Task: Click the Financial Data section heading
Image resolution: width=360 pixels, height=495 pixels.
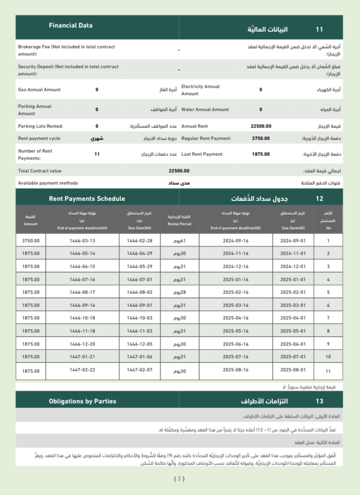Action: (x=71, y=26)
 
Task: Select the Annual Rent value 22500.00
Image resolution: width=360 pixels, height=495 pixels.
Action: (x=261, y=126)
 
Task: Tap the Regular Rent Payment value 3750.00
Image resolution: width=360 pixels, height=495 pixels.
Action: (x=261, y=139)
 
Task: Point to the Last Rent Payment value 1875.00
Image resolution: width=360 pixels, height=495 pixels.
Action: (x=261, y=154)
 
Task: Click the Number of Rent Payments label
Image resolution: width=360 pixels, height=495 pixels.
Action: (x=35, y=154)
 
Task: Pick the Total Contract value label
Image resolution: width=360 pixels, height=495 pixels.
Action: (x=40, y=171)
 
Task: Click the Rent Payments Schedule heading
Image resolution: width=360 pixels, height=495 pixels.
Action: (x=87, y=199)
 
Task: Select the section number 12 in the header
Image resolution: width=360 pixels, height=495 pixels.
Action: (x=319, y=199)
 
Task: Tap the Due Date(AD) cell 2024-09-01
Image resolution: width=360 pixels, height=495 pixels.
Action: (x=293, y=241)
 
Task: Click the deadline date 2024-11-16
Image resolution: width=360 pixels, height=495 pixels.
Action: (x=235, y=254)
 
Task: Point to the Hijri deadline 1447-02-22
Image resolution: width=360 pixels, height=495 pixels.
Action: (x=82, y=370)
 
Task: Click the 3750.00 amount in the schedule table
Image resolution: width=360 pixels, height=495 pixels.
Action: (x=31, y=241)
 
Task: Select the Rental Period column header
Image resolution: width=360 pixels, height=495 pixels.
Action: (x=180, y=220)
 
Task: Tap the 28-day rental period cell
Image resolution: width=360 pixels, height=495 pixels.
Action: (x=180, y=292)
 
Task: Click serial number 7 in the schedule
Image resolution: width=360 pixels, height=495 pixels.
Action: (x=328, y=319)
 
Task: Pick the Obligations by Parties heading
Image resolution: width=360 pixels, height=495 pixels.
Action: (x=83, y=401)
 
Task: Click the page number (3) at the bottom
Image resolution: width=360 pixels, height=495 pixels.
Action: (x=180, y=479)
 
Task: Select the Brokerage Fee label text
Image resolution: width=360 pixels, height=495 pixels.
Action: (x=66, y=50)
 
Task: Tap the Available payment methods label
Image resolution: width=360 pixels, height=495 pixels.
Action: (x=48, y=183)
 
